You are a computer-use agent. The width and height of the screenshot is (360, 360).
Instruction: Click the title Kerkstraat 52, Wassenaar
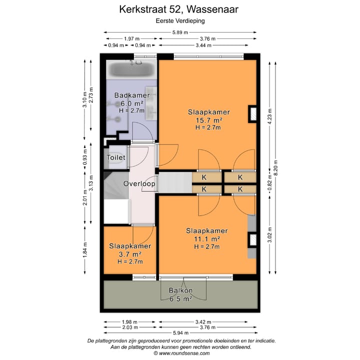pos(179,9)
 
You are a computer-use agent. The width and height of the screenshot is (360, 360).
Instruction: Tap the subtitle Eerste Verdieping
pos(179,21)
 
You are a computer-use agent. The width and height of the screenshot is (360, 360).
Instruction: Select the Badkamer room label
pos(129,95)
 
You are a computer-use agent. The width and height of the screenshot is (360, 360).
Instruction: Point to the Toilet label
pos(115,157)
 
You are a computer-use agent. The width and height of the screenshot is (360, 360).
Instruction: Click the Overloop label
pos(139,183)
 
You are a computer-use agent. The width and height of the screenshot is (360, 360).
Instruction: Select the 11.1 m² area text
pos(207,238)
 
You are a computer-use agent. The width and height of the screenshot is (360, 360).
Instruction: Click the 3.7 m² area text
pos(129,254)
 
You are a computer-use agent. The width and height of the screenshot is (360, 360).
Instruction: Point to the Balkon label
pos(180,290)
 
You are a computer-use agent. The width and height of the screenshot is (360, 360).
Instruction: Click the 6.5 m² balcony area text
pos(180,298)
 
